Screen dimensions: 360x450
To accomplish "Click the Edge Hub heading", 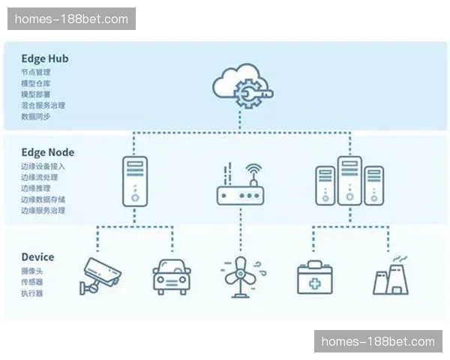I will pos(45,58).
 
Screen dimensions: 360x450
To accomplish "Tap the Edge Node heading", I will pos(48,152).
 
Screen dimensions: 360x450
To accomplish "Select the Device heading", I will pos(37,257).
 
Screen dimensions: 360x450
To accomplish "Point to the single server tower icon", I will pos(134,180).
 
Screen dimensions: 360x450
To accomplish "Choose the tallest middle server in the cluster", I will pos(349,180).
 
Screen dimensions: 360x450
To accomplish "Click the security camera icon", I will pos(100,276).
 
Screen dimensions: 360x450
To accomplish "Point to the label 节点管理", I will pos(36,73).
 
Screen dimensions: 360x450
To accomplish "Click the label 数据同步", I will pos(36,117).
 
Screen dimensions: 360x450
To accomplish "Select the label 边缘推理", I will pos(36,188).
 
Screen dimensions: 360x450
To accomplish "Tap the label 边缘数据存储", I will pos(43,199).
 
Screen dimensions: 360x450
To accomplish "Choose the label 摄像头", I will pos(32,271).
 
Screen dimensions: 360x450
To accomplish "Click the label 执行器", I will pos(32,293).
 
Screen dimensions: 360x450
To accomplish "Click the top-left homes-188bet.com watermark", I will pos(71,19).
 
